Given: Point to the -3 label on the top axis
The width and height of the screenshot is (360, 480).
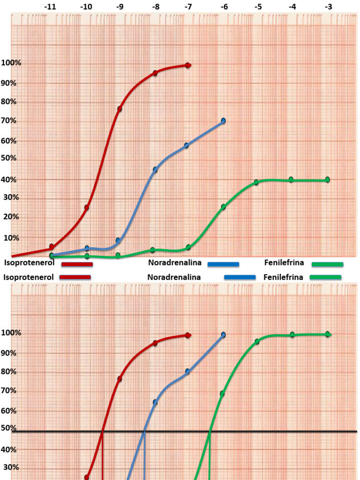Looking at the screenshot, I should tap(329, 7).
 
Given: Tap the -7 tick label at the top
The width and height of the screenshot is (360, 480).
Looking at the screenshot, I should tap(188, 7).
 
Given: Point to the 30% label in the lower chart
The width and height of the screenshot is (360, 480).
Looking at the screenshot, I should tap(11, 467).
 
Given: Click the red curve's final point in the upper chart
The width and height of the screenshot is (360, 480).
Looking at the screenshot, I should tap(188, 65).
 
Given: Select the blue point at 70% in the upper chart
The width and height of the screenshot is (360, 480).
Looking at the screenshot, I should tap(224, 121).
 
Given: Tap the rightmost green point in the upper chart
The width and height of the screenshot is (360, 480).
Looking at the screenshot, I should tap(327, 180).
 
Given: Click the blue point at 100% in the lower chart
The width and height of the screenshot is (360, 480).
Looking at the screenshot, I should tap(224, 335).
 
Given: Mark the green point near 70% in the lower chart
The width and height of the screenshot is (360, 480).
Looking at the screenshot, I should tap(222, 393).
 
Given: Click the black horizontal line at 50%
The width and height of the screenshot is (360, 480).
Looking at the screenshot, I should tap(281, 431).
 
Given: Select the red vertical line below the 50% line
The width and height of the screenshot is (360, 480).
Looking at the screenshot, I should tap(102, 457).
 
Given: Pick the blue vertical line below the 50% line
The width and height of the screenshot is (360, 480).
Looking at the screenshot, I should tap(144, 457).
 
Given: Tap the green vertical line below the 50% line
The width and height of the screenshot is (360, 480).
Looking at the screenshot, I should tap(210, 457).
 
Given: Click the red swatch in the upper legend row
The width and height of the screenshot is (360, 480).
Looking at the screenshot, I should tap(77, 264).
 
